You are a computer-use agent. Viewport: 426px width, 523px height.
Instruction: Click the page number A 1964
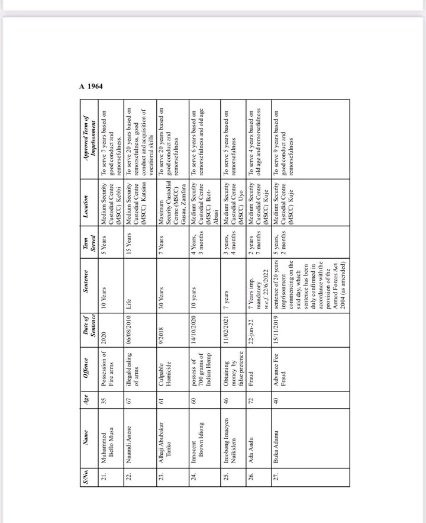[x=91, y=86]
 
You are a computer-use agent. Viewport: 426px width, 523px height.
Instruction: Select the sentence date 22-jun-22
[x=251, y=331]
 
